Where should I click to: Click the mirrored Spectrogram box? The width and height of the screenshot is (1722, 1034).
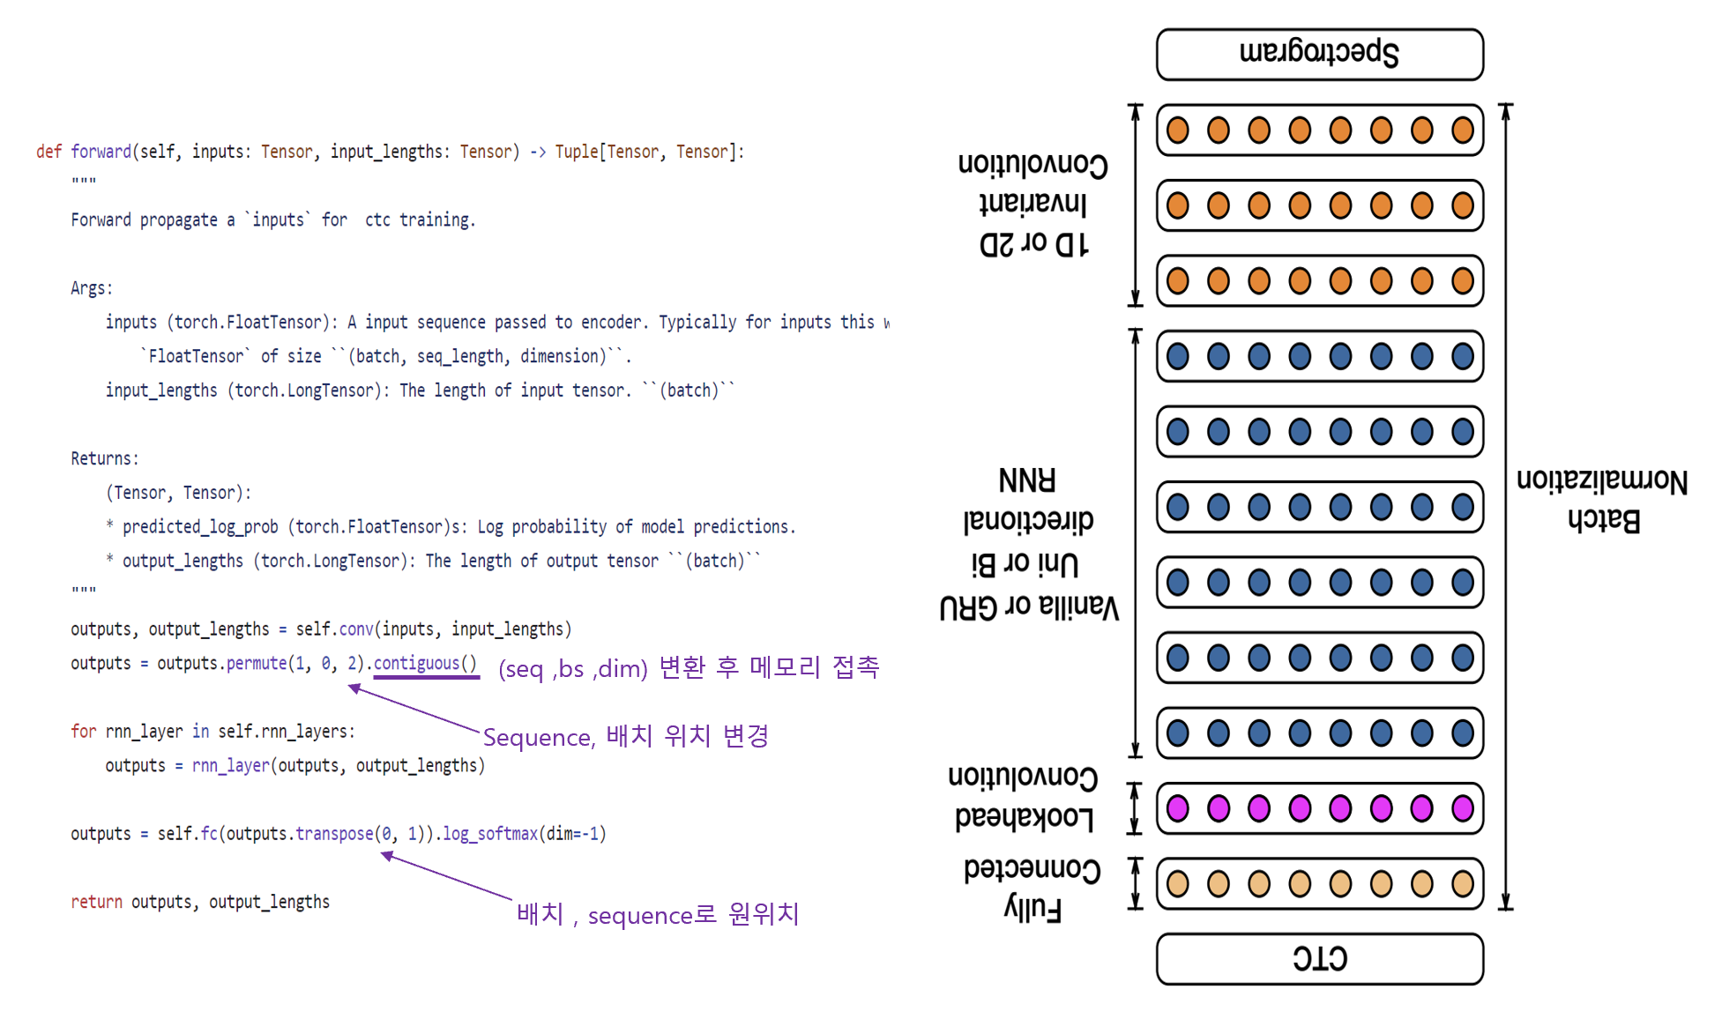click(x=1319, y=54)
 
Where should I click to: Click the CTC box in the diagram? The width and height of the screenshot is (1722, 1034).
click(x=1319, y=959)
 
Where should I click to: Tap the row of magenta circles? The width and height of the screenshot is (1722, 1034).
click(x=1319, y=808)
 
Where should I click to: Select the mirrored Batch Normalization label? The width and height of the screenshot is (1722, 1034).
click(x=1602, y=501)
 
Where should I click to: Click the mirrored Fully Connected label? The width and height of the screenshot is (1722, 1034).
click(x=1032, y=889)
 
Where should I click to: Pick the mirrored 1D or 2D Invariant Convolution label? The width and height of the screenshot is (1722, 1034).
click(x=1033, y=204)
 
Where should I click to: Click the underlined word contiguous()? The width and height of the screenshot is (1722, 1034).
click(x=425, y=663)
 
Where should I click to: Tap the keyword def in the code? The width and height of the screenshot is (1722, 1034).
click(x=48, y=152)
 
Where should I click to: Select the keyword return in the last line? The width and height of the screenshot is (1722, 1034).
click(x=96, y=902)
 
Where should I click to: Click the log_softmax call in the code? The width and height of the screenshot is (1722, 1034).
click(x=489, y=834)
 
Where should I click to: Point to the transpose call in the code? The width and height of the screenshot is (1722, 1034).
click(x=334, y=834)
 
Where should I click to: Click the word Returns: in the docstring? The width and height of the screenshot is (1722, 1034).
click(x=105, y=458)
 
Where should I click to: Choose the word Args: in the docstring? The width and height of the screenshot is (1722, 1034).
click(x=92, y=288)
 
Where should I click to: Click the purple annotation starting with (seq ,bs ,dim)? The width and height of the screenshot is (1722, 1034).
click(x=689, y=667)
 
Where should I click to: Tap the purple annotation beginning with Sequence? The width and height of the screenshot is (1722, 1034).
click(x=625, y=736)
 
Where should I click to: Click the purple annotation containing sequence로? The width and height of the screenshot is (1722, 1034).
click(x=657, y=914)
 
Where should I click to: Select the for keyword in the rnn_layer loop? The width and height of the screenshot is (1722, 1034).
click(x=83, y=732)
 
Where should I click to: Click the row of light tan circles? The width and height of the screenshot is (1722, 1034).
click(x=1319, y=883)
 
